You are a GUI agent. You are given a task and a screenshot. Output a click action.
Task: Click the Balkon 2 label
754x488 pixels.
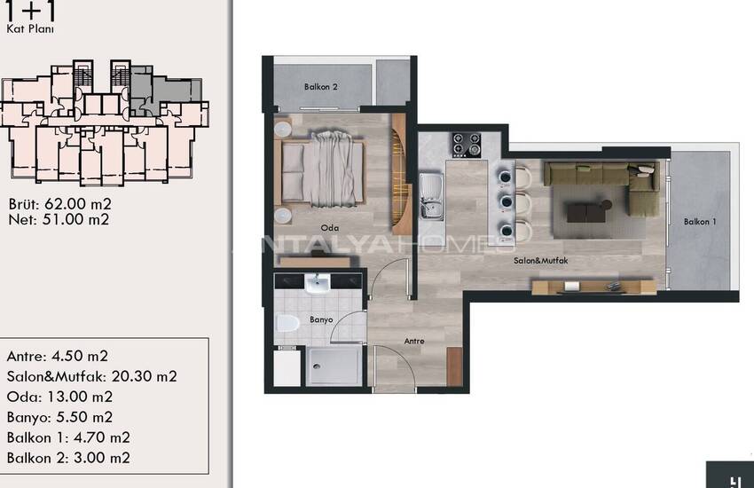click(x=321, y=87)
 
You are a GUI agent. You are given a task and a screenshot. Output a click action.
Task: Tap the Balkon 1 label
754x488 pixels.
click(x=700, y=222)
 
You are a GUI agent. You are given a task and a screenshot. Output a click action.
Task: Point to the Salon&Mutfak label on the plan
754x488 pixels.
click(x=540, y=261)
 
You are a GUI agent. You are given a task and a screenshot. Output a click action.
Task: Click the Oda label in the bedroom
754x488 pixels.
click(x=330, y=228)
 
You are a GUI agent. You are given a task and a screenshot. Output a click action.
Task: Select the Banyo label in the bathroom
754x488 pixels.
click(x=321, y=319)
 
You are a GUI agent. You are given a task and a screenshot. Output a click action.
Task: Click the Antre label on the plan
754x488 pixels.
click(x=414, y=341)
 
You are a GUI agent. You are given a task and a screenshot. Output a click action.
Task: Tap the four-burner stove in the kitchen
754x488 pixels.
click(x=467, y=145)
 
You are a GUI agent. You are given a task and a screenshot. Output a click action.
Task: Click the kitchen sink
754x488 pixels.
click(x=431, y=196)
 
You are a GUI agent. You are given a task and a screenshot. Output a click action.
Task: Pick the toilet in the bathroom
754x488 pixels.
click(x=287, y=323)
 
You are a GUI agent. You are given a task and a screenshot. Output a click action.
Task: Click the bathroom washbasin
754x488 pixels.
click(x=318, y=283)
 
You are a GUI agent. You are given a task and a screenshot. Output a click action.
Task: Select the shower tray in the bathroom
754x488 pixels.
click(x=334, y=366)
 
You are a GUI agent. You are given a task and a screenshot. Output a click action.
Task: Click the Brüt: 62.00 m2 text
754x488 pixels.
click(x=60, y=204)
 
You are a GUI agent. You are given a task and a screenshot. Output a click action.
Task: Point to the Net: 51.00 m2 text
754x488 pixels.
click(x=59, y=220)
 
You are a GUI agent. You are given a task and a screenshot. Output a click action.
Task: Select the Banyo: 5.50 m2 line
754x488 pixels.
click(x=59, y=417)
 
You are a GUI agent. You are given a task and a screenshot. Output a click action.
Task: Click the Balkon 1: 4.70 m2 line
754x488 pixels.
click(x=68, y=437)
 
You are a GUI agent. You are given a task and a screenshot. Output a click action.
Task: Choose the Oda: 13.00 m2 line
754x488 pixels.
click(x=59, y=397)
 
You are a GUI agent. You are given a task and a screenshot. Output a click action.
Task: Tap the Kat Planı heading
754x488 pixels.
click(x=30, y=29)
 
